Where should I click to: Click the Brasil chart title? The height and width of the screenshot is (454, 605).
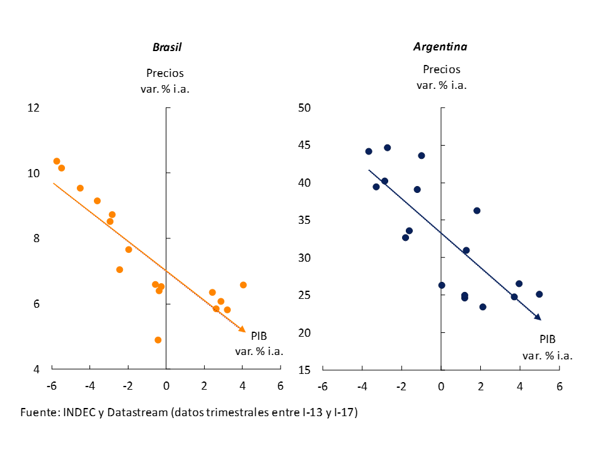[167, 47]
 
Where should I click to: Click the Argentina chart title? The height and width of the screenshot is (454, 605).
[440, 47]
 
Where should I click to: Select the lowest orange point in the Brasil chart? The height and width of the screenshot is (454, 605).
[158, 340]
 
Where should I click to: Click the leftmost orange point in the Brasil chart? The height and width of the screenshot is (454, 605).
[57, 161]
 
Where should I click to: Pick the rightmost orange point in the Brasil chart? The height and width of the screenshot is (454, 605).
[243, 285]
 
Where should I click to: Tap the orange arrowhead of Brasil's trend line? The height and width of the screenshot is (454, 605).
[242, 329]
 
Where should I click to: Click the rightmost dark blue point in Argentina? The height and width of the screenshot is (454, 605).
[539, 294]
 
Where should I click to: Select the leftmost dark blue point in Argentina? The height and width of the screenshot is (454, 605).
[369, 151]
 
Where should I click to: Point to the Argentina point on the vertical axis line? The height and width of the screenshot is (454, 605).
[442, 286]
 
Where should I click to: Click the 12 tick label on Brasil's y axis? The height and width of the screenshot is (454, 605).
[33, 108]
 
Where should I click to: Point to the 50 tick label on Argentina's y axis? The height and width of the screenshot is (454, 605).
[306, 108]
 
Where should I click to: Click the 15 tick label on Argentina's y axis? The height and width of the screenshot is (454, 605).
[306, 370]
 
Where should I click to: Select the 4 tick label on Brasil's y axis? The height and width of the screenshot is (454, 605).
[36, 370]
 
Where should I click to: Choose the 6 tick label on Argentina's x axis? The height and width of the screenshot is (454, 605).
[559, 386]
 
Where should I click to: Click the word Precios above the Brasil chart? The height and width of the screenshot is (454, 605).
[165, 73]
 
